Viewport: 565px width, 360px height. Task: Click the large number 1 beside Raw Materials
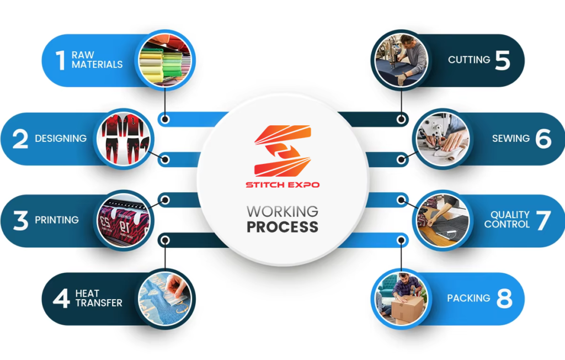point(61,60)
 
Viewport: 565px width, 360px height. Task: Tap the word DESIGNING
point(61,138)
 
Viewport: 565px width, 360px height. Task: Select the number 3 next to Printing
point(20,220)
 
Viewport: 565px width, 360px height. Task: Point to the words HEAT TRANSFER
point(99,298)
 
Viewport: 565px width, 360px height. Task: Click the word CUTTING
point(469,60)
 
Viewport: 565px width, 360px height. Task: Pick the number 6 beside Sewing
point(543,139)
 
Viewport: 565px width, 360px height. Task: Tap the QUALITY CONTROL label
point(507,219)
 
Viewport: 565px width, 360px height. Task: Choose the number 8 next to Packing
point(504,298)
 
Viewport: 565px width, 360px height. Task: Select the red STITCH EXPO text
point(282,185)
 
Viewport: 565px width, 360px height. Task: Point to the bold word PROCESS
point(282,227)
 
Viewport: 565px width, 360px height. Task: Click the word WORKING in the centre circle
point(282,211)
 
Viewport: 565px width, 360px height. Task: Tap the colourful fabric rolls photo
point(165,60)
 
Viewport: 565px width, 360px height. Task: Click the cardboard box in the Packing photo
point(407,309)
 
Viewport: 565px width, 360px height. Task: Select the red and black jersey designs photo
point(123,139)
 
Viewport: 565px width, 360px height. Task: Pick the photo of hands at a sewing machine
point(443,139)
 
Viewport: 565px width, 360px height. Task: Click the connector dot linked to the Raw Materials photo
point(165,119)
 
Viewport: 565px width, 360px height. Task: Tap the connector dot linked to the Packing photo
point(401,240)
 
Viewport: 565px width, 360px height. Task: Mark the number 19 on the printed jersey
point(124,227)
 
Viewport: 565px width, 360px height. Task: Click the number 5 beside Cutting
point(503,60)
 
